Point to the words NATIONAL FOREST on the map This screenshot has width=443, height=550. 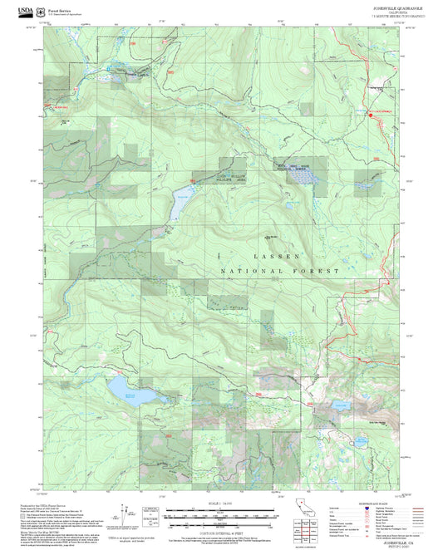[280, 272]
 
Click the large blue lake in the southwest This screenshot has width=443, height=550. [121, 388]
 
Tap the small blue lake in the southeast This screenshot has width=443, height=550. [341, 405]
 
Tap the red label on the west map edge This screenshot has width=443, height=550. [63, 107]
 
